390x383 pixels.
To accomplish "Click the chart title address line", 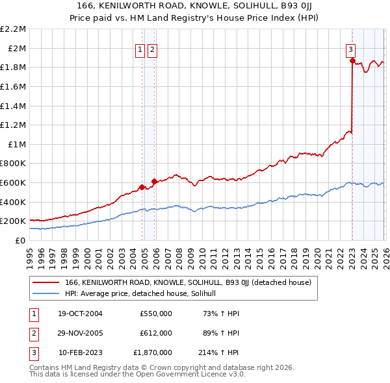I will click(x=195, y=6).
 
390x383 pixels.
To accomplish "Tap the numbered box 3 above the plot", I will click(x=350, y=49).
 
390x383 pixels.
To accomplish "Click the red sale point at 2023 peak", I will click(x=352, y=60).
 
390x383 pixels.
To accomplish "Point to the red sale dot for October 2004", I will click(x=142, y=187).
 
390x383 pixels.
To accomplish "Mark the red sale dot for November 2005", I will click(x=155, y=181).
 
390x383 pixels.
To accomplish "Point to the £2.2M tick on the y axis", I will click(x=13, y=29).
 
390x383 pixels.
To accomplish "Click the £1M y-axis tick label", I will click(x=17, y=144).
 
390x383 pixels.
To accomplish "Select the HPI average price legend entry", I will click(x=144, y=293).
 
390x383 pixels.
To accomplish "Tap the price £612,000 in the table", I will click(x=156, y=333).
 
